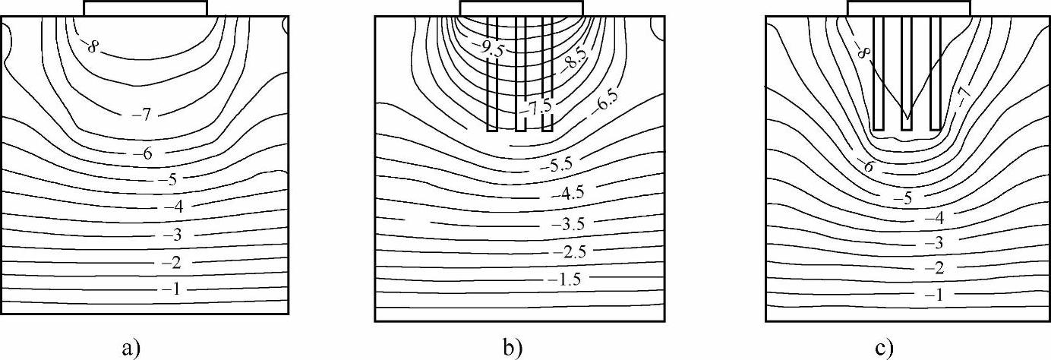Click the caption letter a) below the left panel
click(x=131, y=348)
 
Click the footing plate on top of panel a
click(x=145, y=8)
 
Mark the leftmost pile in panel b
click(x=492, y=73)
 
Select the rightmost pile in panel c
click(x=936, y=73)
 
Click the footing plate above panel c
click(x=908, y=8)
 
